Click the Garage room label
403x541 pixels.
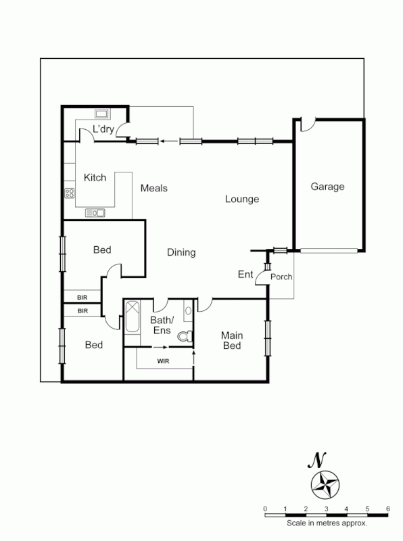pos(327,187)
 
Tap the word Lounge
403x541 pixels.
pos(242,199)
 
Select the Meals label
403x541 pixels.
pos(153,188)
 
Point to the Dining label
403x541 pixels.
pos(181,252)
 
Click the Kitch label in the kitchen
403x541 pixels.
pos(95,178)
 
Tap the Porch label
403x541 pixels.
pos(281,277)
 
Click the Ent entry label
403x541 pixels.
pos(245,274)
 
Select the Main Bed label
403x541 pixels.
pos(232,341)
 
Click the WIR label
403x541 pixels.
pos(163,361)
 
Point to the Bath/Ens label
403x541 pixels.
pos(162,325)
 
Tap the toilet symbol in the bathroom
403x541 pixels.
pos(184,335)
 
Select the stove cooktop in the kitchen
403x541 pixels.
pos(70,193)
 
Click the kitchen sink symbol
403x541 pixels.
pos(95,213)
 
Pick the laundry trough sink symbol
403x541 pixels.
pos(103,114)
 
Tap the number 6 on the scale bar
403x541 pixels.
pos(387,509)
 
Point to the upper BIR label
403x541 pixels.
pos(82,297)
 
